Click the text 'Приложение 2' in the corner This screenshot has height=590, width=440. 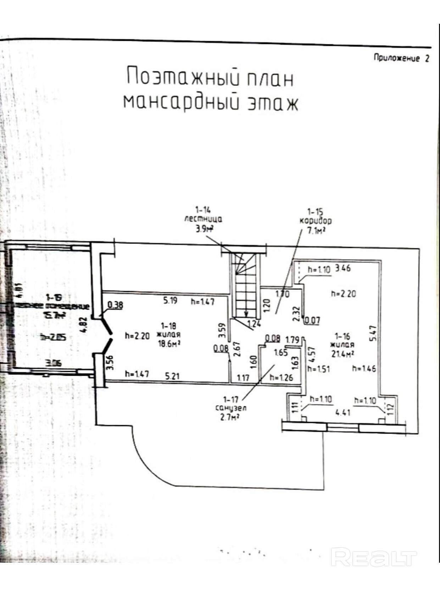(x=401, y=58)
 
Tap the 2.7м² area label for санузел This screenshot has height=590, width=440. (x=230, y=417)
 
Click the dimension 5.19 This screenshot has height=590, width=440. (x=170, y=300)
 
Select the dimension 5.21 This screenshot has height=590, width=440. (x=172, y=375)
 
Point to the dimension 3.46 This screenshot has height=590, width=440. (x=343, y=268)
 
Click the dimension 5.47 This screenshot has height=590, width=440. (x=373, y=333)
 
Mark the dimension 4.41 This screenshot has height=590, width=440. (x=342, y=413)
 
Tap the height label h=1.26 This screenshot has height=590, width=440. (x=281, y=377)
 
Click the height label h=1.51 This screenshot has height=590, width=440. (x=319, y=369)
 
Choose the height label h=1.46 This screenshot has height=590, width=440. (x=364, y=369)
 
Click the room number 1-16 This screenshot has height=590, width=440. (x=342, y=336)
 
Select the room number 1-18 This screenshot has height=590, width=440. (x=168, y=326)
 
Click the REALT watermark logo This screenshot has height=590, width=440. (x=374, y=557)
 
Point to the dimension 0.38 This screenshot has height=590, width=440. (x=115, y=305)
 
